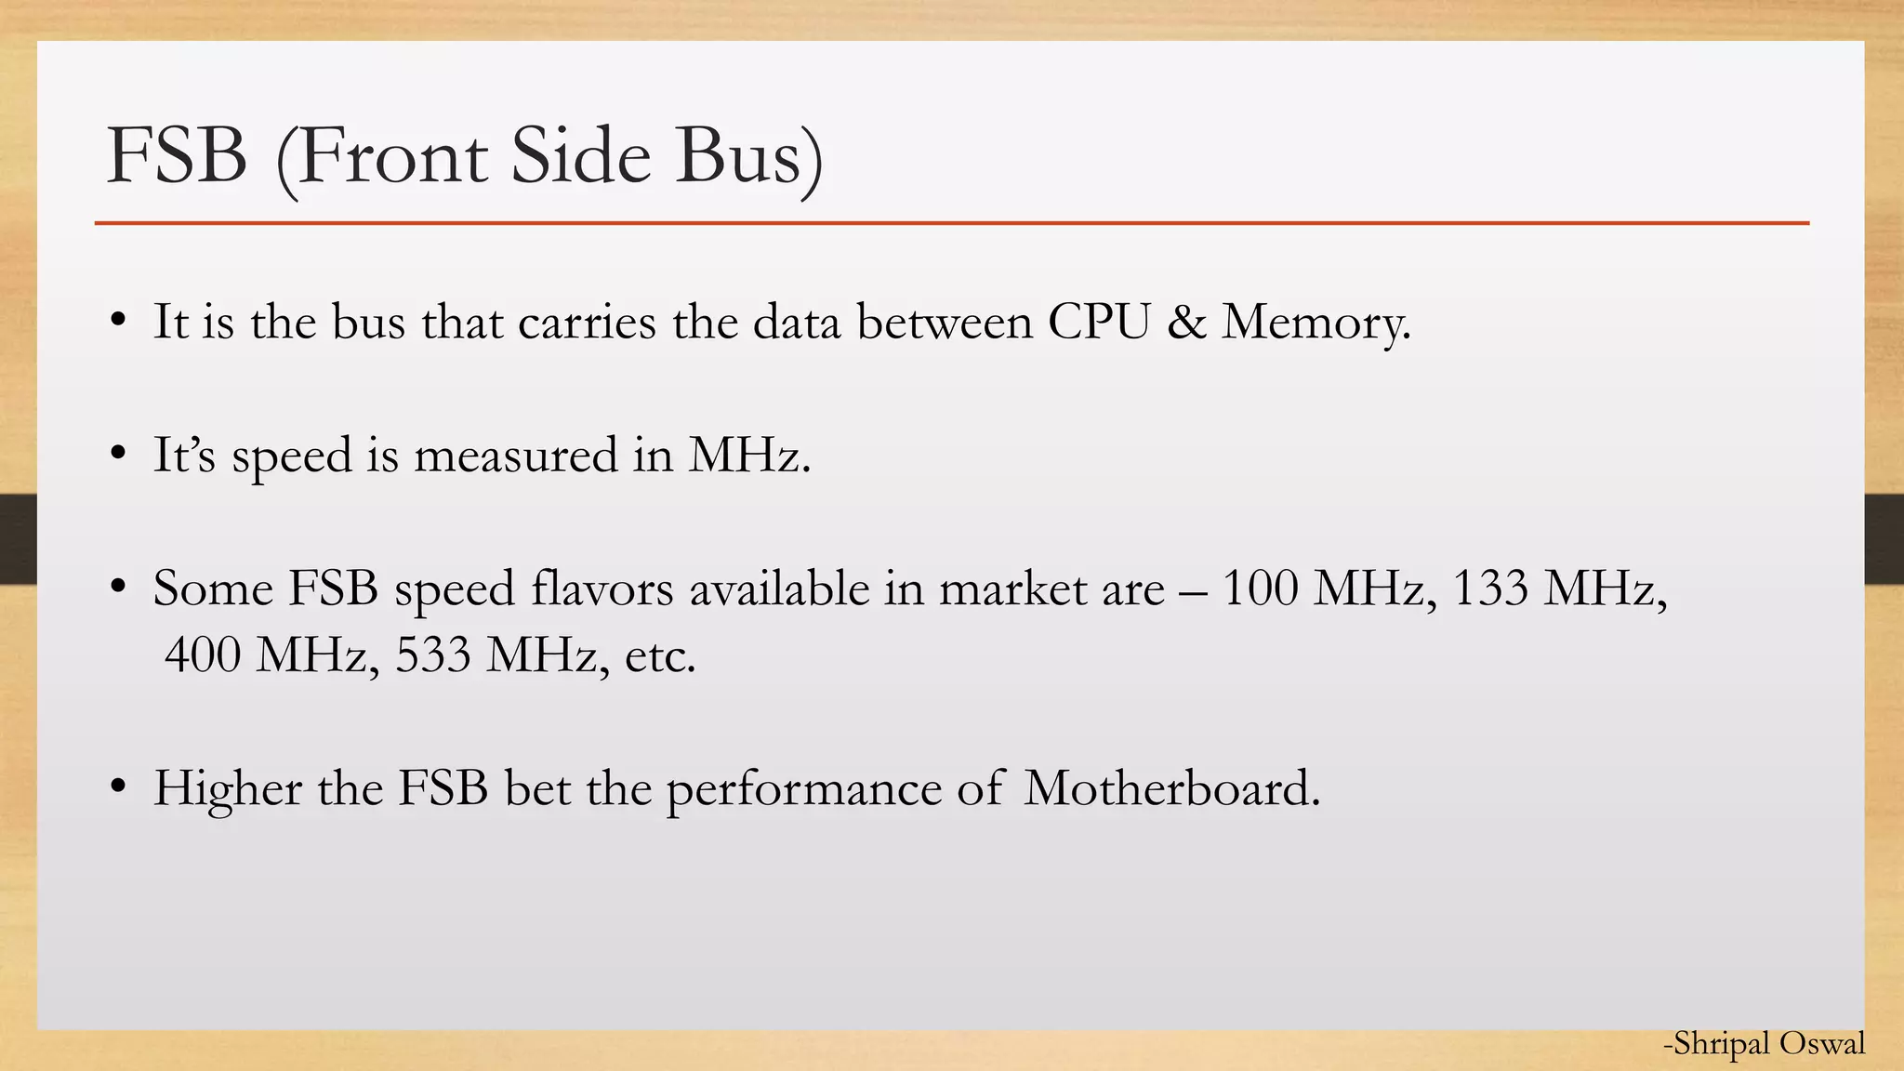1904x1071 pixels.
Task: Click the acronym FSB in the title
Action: click(177, 155)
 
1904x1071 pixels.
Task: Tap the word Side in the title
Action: click(580, 155)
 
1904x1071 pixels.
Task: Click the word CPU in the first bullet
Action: click(1099, 322)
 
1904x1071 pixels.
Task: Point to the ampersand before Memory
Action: click(1185, 322)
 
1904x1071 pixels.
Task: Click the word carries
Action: click(587, 323)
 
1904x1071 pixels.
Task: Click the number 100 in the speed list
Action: click(1260, 588)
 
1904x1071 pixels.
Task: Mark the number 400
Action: click(203, 654)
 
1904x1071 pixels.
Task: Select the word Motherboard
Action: click(1171, 788)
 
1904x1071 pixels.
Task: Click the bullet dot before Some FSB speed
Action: click(117, 588)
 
